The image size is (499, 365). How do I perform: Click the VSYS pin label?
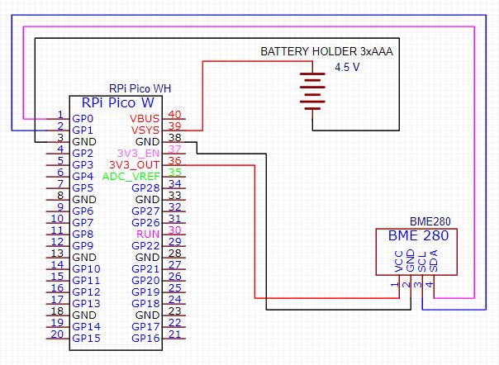pyautogui.click(x=146, y=130)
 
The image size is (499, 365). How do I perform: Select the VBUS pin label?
pyautogui.click(x=145, y=119)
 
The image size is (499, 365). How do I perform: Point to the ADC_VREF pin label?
pyautogui.click(x=131, y=177)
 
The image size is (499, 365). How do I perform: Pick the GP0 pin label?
pyautogui.click(x=83, y=119)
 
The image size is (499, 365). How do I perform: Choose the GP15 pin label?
pyautogui.click(x=86, y=339)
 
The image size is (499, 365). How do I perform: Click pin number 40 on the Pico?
pyautogui.click(x=174, y=115)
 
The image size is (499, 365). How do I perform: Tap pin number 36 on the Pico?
pyautogui.click(x=174, y=161)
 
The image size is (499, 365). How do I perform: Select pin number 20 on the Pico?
pyautogui.click(x=58, y=334)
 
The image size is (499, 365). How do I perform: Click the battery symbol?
pyautogui.click(x=311, y=92)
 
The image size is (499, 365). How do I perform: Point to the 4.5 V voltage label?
pyautogui.click(x=347, y=67)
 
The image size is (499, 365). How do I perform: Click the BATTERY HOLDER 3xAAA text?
pyautogui.click(x=326, y=51)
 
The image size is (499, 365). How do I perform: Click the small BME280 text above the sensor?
pyautogui.click(x=430, y=221)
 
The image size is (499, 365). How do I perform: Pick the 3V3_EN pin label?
pyautogui.click(x=139, y=154)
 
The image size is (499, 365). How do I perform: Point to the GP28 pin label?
pyautogui.click(x=145, y=188)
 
